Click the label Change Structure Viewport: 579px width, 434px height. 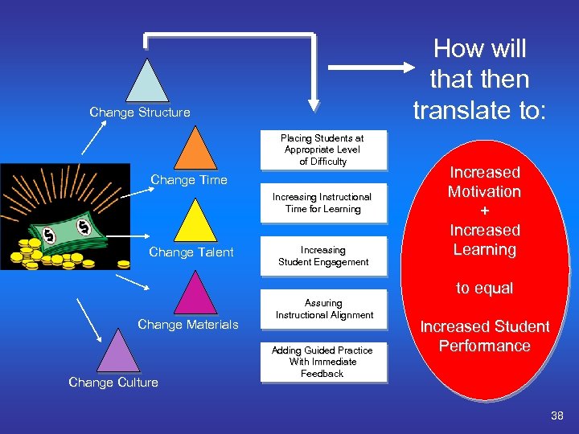point(140,113)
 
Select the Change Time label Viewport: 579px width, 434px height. point(189,180)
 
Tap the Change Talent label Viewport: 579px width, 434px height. point(191,252)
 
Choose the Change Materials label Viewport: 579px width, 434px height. point(188,325)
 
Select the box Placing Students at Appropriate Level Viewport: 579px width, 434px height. point(322,150)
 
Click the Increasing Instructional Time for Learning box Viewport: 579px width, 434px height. point(322,203)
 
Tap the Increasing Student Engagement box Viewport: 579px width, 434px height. point(323,256)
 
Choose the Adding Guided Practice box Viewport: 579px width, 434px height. point(322,362)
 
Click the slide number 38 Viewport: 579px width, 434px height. point(556,416)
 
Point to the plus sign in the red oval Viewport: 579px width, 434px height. point(484,211)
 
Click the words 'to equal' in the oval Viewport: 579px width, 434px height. point(484,288)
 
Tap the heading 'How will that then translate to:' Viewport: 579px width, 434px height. point(480,80)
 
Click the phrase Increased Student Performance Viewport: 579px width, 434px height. point(484,336)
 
